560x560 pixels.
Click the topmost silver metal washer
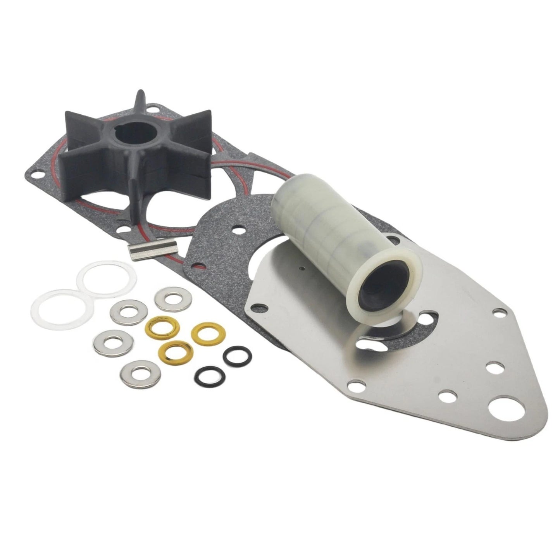171,298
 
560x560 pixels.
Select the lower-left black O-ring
205,375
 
